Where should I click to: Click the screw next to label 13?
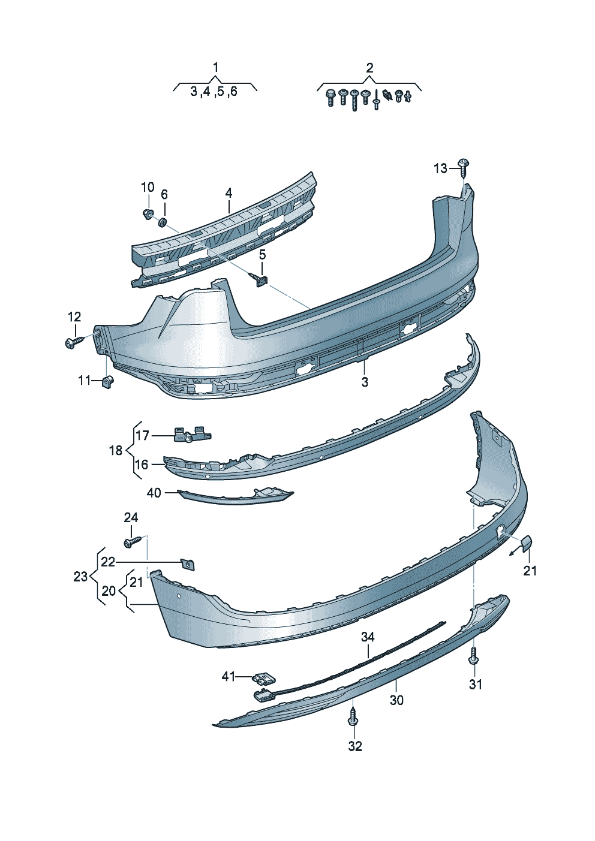[x=464, y=166]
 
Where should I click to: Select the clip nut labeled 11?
[x=108, y=382]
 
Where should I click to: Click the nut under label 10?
[x=148, y=213]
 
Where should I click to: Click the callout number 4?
[x=229, y=193]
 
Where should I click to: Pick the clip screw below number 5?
[x=261, y=279]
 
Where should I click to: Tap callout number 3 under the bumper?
[x=365, y=382]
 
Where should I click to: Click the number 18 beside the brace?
[x=116, y=450]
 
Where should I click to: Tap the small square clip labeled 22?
[x=188, y=563]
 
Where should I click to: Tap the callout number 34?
[x=368, y=637]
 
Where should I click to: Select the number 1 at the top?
[x=216, y=67]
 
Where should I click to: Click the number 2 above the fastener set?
[x=369, y=68]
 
